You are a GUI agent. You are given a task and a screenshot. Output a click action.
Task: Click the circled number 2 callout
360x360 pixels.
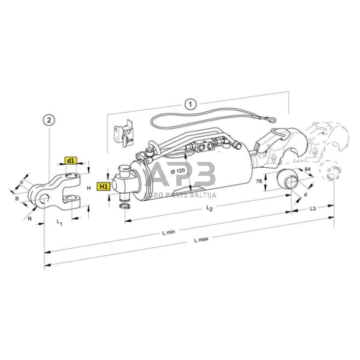[x=50, y=119]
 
